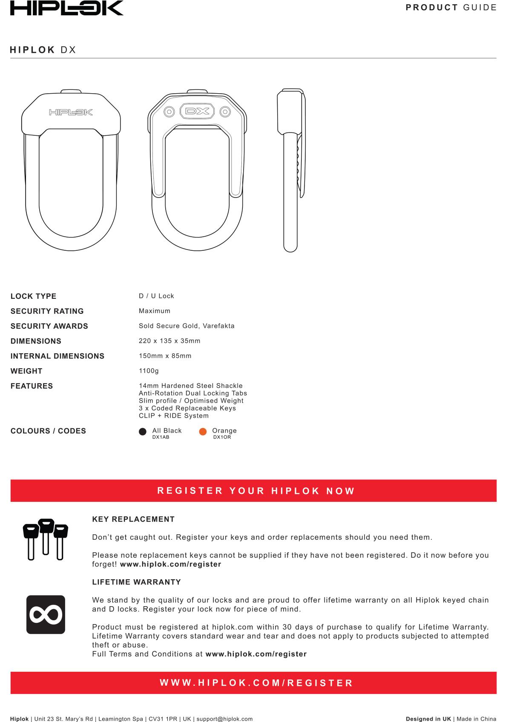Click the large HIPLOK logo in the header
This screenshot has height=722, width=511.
[x=67, y=8]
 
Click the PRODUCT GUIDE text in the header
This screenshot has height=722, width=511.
[x=451, y=8]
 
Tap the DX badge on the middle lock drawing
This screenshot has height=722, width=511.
[x=197, y=112]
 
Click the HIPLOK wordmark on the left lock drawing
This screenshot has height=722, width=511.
[x=71, y=112]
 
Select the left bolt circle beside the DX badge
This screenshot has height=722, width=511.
[x=169, y=112]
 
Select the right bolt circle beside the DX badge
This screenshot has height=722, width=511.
[x=225, y=112]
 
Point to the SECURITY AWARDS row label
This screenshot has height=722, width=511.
[x=49, y=326]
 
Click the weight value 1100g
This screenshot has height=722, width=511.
[x=149, y=371]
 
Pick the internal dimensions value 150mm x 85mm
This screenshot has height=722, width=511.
[x=165, y=356]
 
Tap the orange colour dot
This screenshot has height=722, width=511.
[x=203, y=432]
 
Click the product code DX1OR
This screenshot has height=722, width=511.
[x=222, y=437]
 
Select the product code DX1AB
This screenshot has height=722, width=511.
[x=161, y=437]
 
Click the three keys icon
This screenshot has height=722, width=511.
[x=46, y=539]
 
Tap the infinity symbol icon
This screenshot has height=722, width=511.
[x=46, y=614]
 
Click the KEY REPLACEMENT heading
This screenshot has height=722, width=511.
[x=133, y=519]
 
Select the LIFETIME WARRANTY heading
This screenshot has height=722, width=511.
[x=136, y=582]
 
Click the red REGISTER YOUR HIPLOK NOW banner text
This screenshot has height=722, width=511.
[x=256, y=491]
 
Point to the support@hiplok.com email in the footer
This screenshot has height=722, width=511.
[x=224, y=719]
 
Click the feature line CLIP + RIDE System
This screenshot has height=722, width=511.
[x=174, y=415]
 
